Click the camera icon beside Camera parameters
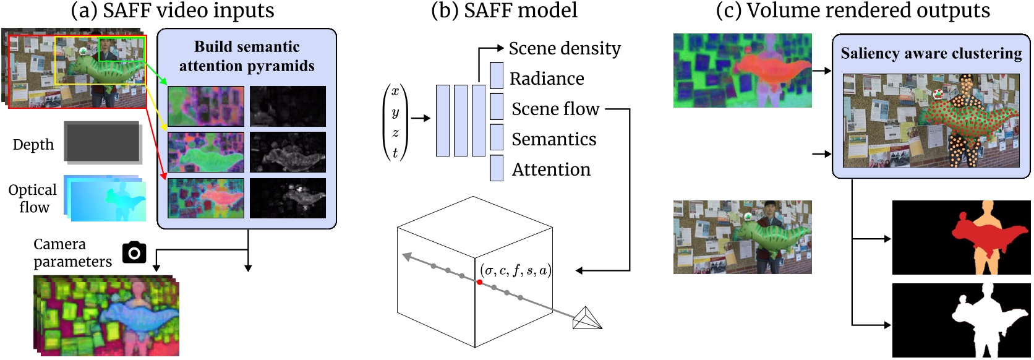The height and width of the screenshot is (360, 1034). (134, 252)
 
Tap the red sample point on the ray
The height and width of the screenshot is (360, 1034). (479, 282)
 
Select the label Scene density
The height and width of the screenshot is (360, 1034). (564, 48)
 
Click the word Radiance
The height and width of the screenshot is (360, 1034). (547, 79)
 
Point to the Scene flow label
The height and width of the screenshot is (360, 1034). (555, 109)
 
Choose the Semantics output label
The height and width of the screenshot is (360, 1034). (553, 139)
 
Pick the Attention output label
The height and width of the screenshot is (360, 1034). (551, 169)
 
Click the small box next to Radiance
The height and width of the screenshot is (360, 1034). (497, 75)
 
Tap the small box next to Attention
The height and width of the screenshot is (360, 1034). (497, 168)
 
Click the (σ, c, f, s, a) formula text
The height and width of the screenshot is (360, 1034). (515, 270)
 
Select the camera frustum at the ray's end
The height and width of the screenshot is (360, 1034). (586, 319)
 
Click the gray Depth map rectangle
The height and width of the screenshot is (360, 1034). (103, 142)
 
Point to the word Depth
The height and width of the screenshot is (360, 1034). (33, 145)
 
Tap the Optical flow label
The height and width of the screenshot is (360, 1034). (33, 199)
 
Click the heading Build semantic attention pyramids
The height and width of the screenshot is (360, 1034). (247, 56)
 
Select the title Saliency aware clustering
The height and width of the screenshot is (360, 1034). (931, 54)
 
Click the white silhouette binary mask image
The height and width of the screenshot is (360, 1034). (961, 320)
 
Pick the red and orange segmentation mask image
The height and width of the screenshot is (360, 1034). (961, 237)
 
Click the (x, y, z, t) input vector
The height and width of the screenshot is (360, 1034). (395, 122)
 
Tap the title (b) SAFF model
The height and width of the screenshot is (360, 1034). (504, 11)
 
